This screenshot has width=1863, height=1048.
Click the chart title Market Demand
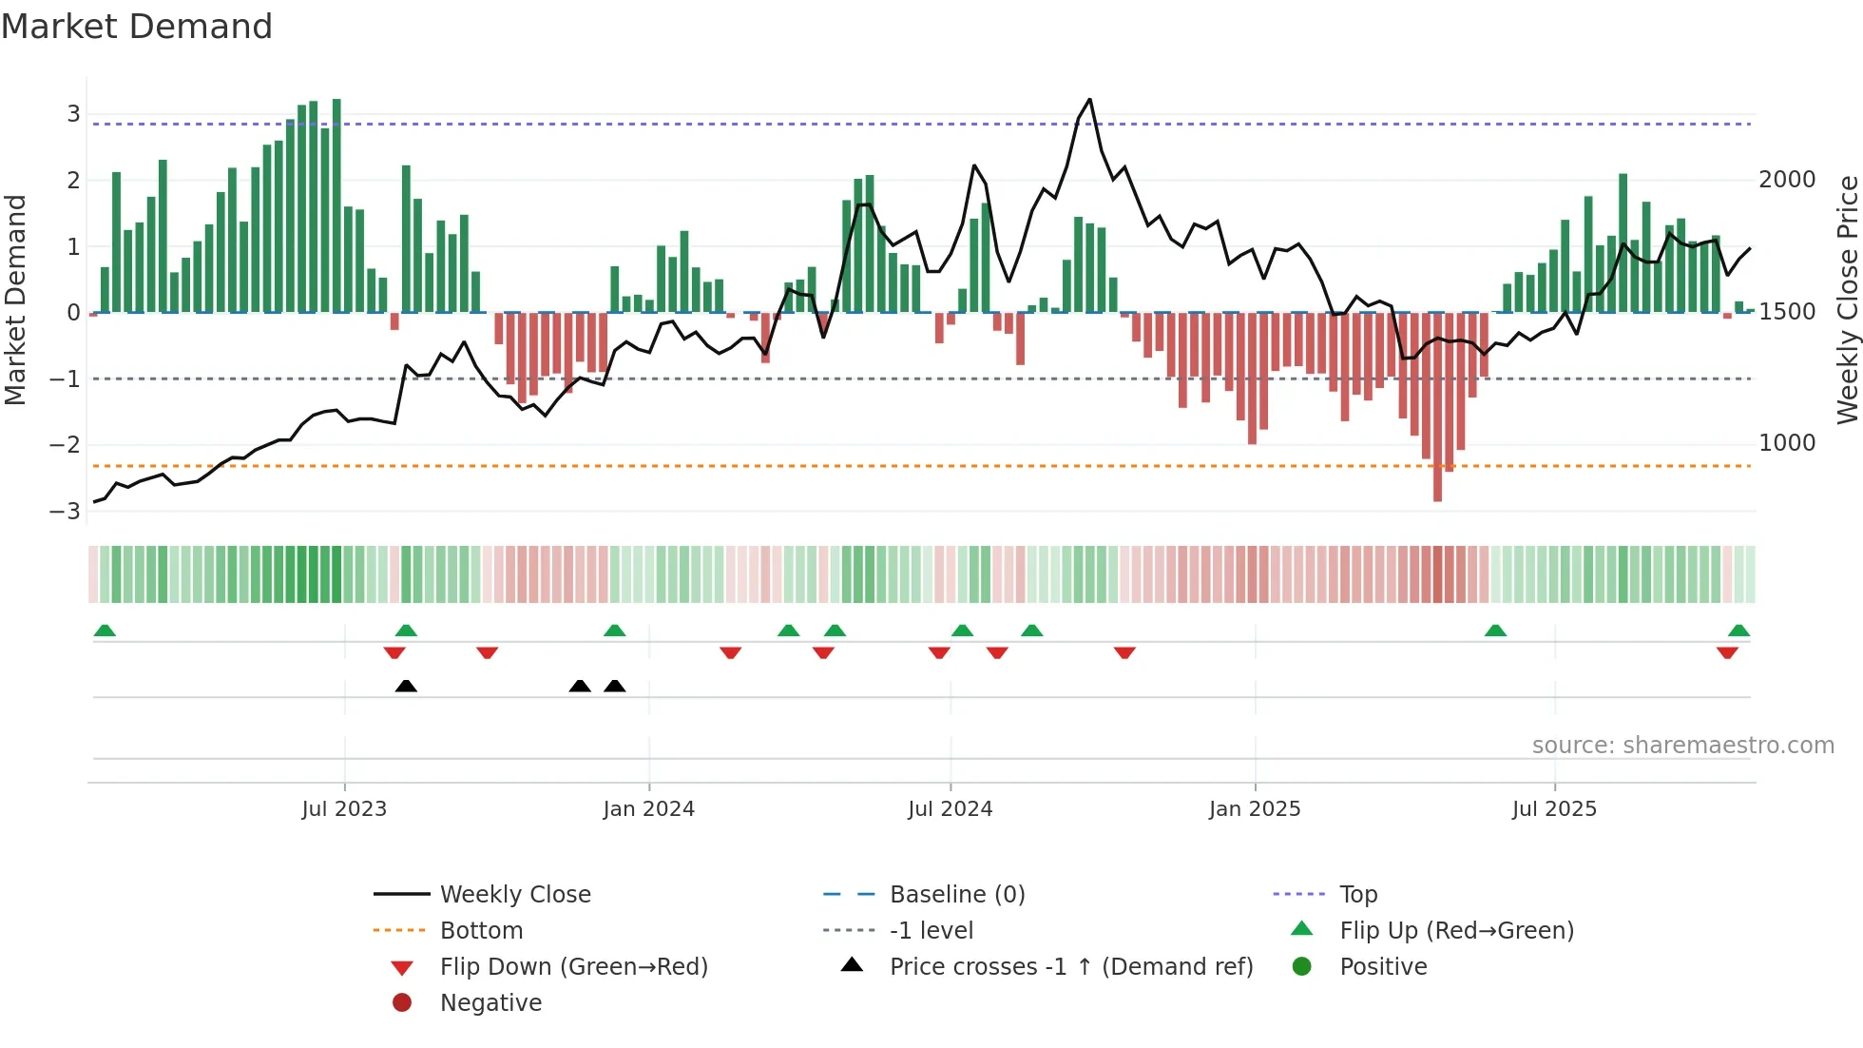pos(137,27)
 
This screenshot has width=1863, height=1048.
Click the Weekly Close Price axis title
pos(1847,300)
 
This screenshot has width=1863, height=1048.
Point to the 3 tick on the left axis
pos(73,114)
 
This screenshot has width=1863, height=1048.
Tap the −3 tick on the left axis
pos(66,512)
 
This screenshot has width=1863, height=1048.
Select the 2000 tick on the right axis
pos(1787,180)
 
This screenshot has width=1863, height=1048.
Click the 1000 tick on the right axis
pos(1787,443)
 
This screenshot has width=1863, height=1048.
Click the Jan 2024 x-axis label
pos(648,809)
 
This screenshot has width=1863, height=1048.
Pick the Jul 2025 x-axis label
pos(1554,809)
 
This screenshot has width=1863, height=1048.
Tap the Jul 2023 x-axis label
pos(344,809)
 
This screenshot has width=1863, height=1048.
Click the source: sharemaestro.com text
pos(1682,746)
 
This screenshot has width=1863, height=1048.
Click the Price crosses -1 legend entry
pos(1070,967)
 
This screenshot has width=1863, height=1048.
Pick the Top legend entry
pos(1357,895)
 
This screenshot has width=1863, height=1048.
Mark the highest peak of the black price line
pos(1089,99)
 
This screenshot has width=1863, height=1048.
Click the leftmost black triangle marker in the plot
pos(406,686)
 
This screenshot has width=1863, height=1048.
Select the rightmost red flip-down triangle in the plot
pos(1727,652)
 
